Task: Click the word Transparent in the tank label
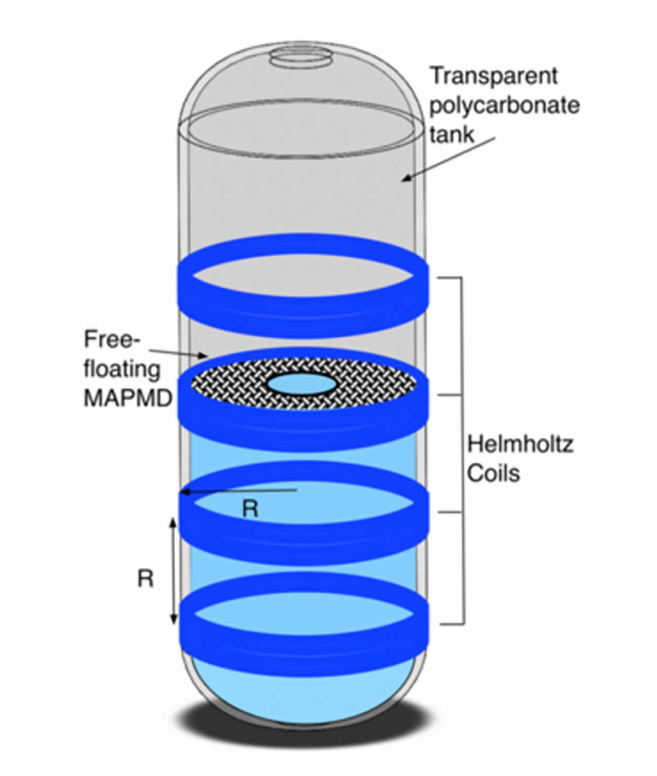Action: tap(493, 76)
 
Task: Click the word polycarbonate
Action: tap(504, 105)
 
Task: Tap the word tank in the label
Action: tap(452, 134)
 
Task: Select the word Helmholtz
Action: tap(520, 444)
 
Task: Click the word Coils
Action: tap(493, 473)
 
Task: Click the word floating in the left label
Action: tap(122, 370)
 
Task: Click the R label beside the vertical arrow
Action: tap(145, 578)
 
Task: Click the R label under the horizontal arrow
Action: tap(250, 509)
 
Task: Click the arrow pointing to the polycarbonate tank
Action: tap(449, 158)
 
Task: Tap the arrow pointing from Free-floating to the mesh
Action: tap(178, 353)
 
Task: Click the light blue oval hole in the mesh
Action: tap(302, 384)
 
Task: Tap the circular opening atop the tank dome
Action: tap(302, 56)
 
